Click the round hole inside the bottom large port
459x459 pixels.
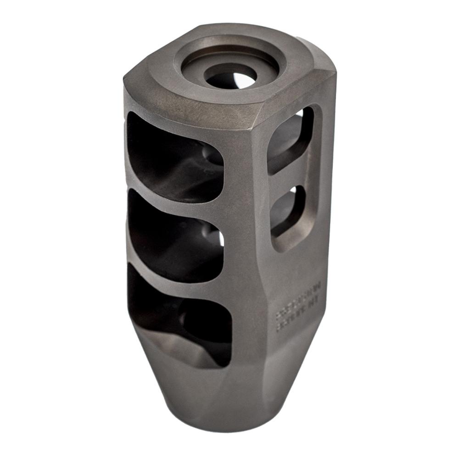(202, 321)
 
